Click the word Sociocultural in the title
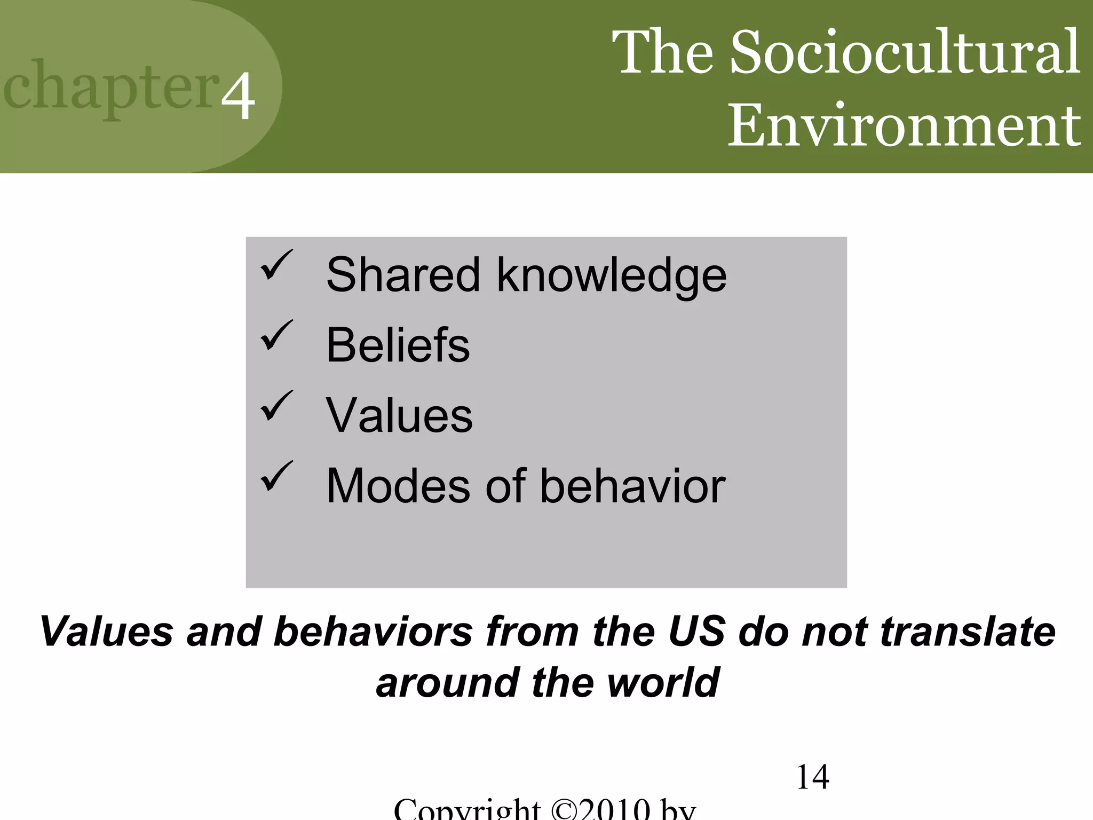(905, 52)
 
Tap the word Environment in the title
(904, 125)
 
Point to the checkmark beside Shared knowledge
(276, 265)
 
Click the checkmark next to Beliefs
(276, 336)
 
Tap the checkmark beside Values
(276, 406)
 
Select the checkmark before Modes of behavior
(276, 476)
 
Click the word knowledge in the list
(612, 275)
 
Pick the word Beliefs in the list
(398, 345)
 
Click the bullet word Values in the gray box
(399, 415)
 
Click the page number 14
(812, 777)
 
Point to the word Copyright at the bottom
(467, 810)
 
